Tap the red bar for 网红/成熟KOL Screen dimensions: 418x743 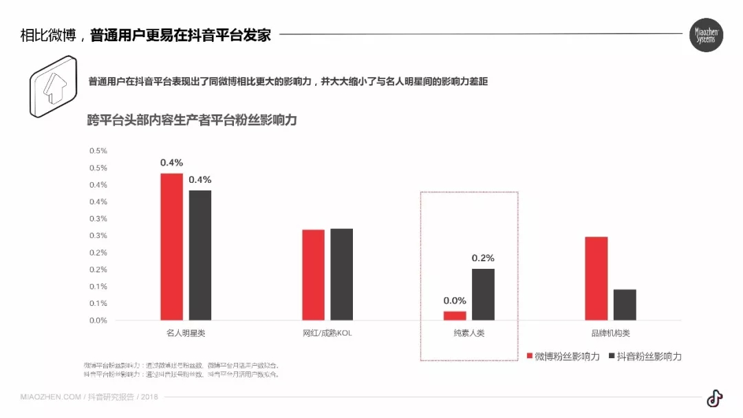[314, 274]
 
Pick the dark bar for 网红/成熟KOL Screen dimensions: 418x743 [341, 274]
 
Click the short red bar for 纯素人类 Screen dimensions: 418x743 [455, 316]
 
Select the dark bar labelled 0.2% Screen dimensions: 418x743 [483, 294]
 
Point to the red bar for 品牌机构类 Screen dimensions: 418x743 [596, 278]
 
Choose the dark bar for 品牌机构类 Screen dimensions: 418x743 [625, 305]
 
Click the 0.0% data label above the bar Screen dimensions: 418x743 [455, 300]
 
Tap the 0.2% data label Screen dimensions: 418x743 [483, 258]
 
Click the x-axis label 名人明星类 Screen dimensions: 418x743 [186, 333]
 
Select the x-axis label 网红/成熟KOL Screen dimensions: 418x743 [327, 333]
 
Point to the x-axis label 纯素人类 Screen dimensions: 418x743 [469, 333]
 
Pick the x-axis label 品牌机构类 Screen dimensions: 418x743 [610, 333]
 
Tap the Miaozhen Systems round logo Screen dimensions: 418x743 [707, 35]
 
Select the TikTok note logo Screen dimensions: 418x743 [715, 398]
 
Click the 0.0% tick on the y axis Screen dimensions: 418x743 [98, 320]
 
